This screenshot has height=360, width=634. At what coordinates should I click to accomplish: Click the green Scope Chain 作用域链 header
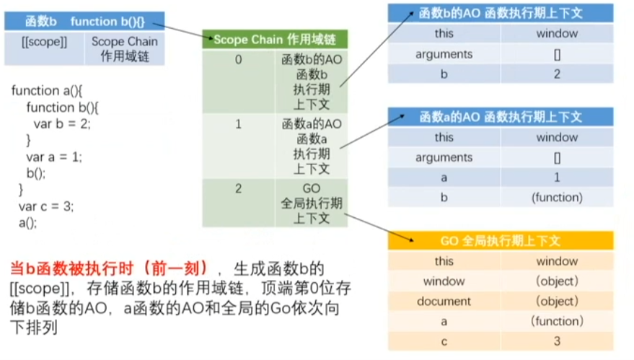pyautogui.click(x=275, y=40)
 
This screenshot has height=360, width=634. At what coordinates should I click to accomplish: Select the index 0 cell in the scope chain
pyautogui.click(x=238, y=61)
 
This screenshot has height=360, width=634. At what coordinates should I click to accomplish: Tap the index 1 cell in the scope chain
pyautogui.click(x=238, y=124)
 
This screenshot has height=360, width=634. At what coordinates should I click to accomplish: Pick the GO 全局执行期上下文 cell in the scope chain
pyautogui.click(x=312, y=203)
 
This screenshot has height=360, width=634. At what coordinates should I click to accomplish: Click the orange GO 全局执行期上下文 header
pyautogui.click(x=500, y=240)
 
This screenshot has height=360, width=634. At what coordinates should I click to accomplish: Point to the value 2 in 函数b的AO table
pyautogui.click(x=557, y=74)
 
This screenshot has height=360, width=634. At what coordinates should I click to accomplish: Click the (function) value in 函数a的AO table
pyautogui.click(x=557, y=197)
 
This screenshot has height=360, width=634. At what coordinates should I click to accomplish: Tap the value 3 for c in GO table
pyautogui.click(x=557, y=341)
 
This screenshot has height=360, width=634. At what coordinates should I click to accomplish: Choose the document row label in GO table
pyautogui.click(x=444, y=301)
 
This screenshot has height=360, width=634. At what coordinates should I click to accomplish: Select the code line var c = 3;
pyautogui.click(x=45, y=206)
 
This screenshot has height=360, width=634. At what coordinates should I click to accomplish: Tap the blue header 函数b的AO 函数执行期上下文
pyautogui.click(x=500, y=12)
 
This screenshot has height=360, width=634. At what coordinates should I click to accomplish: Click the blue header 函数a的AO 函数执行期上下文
pyautogui.click(x=500, y=117)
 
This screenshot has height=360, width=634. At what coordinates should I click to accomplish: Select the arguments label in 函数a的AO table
pyautogui.click(x=444, y=157)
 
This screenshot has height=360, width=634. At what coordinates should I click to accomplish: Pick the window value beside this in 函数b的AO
pyautogui.click(x=557, y=33)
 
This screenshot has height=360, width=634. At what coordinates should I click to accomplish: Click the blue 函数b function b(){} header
pyautogui.click(x=84, y=21)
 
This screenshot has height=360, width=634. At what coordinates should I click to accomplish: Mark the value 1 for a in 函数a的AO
pyautogui.click(x=557, y=177)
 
